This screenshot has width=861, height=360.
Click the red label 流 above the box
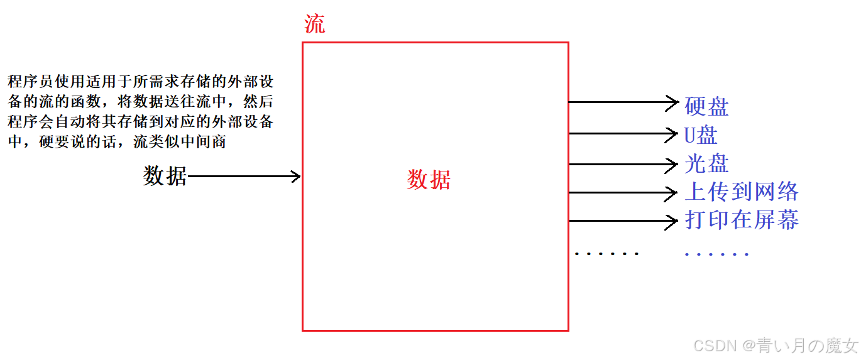(x=315, y=24)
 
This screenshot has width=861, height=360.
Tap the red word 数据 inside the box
(x=429, y=180)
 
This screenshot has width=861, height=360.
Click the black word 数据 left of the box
(x=165, y=177)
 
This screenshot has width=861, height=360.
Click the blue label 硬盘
(x=706, y=107)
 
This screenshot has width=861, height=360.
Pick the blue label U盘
(x=701, y=135)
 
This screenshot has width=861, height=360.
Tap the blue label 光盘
(x=706, y=163)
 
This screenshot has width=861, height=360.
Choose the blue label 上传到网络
(x=742, y=192)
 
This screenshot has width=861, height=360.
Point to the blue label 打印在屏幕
(x=742, y=220)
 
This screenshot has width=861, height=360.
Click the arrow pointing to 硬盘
(x=622, y=102)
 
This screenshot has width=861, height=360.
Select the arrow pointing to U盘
(x=622, y=133)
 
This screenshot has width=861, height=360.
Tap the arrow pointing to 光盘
(x=622, y=165)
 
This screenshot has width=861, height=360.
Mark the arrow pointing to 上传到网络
(x=622, y=193)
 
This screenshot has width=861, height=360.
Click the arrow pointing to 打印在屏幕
(x=622, y=221)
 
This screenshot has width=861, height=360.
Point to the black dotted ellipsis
(x=606, y=254)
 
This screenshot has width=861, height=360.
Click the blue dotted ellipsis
(x=716, y=254)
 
